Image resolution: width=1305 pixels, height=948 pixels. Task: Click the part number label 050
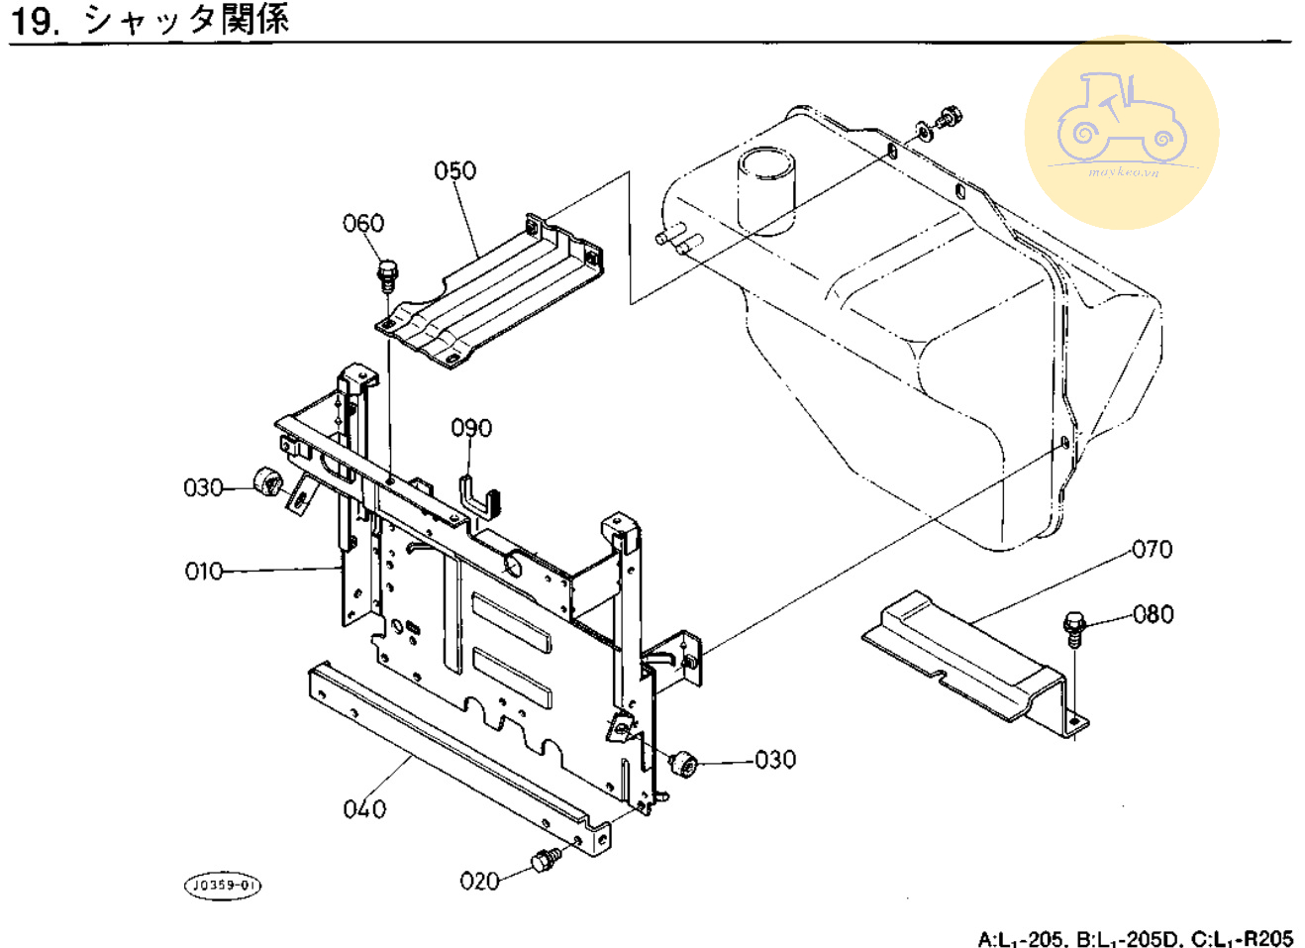pyautogui.click(x=454, y=171)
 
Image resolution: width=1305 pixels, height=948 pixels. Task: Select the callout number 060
pyautogui.click(x=363, y=224)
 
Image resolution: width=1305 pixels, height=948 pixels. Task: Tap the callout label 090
pyautogui.click(x=471, y=428)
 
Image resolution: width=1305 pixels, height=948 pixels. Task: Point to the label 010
pyautogui.click(x=204, y=572)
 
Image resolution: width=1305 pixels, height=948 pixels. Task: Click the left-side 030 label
pyautogui.click(x=203, y=487)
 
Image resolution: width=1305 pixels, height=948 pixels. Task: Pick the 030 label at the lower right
pyautogui.click(x=774, y=760)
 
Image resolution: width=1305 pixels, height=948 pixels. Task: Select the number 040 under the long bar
pyautogui.click(x=364, y=809)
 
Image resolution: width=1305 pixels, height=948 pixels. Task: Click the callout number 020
pyautogui.click(x=479, y=881)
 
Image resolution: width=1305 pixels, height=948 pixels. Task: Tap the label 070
pyautogui.click(x=1152, y=549)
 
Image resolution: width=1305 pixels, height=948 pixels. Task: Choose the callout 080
pyautogui.click(x=1154, y=614)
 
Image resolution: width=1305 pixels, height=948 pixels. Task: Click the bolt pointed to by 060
pyautogui.click(x=387, y=272)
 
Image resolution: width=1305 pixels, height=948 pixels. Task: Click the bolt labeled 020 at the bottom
pyautogui.click(x=544, y=860)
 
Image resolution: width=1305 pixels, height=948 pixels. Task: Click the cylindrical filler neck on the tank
pyautogui.click(x=766, y=189)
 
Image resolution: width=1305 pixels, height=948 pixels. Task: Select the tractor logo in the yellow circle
pyautogui.click(x=1121, y=121)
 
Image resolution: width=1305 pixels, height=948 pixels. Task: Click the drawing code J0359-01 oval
pyautogui.click(x=224, y=885)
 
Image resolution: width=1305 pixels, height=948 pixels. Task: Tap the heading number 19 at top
pyautogui.click(x=34, y=20)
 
